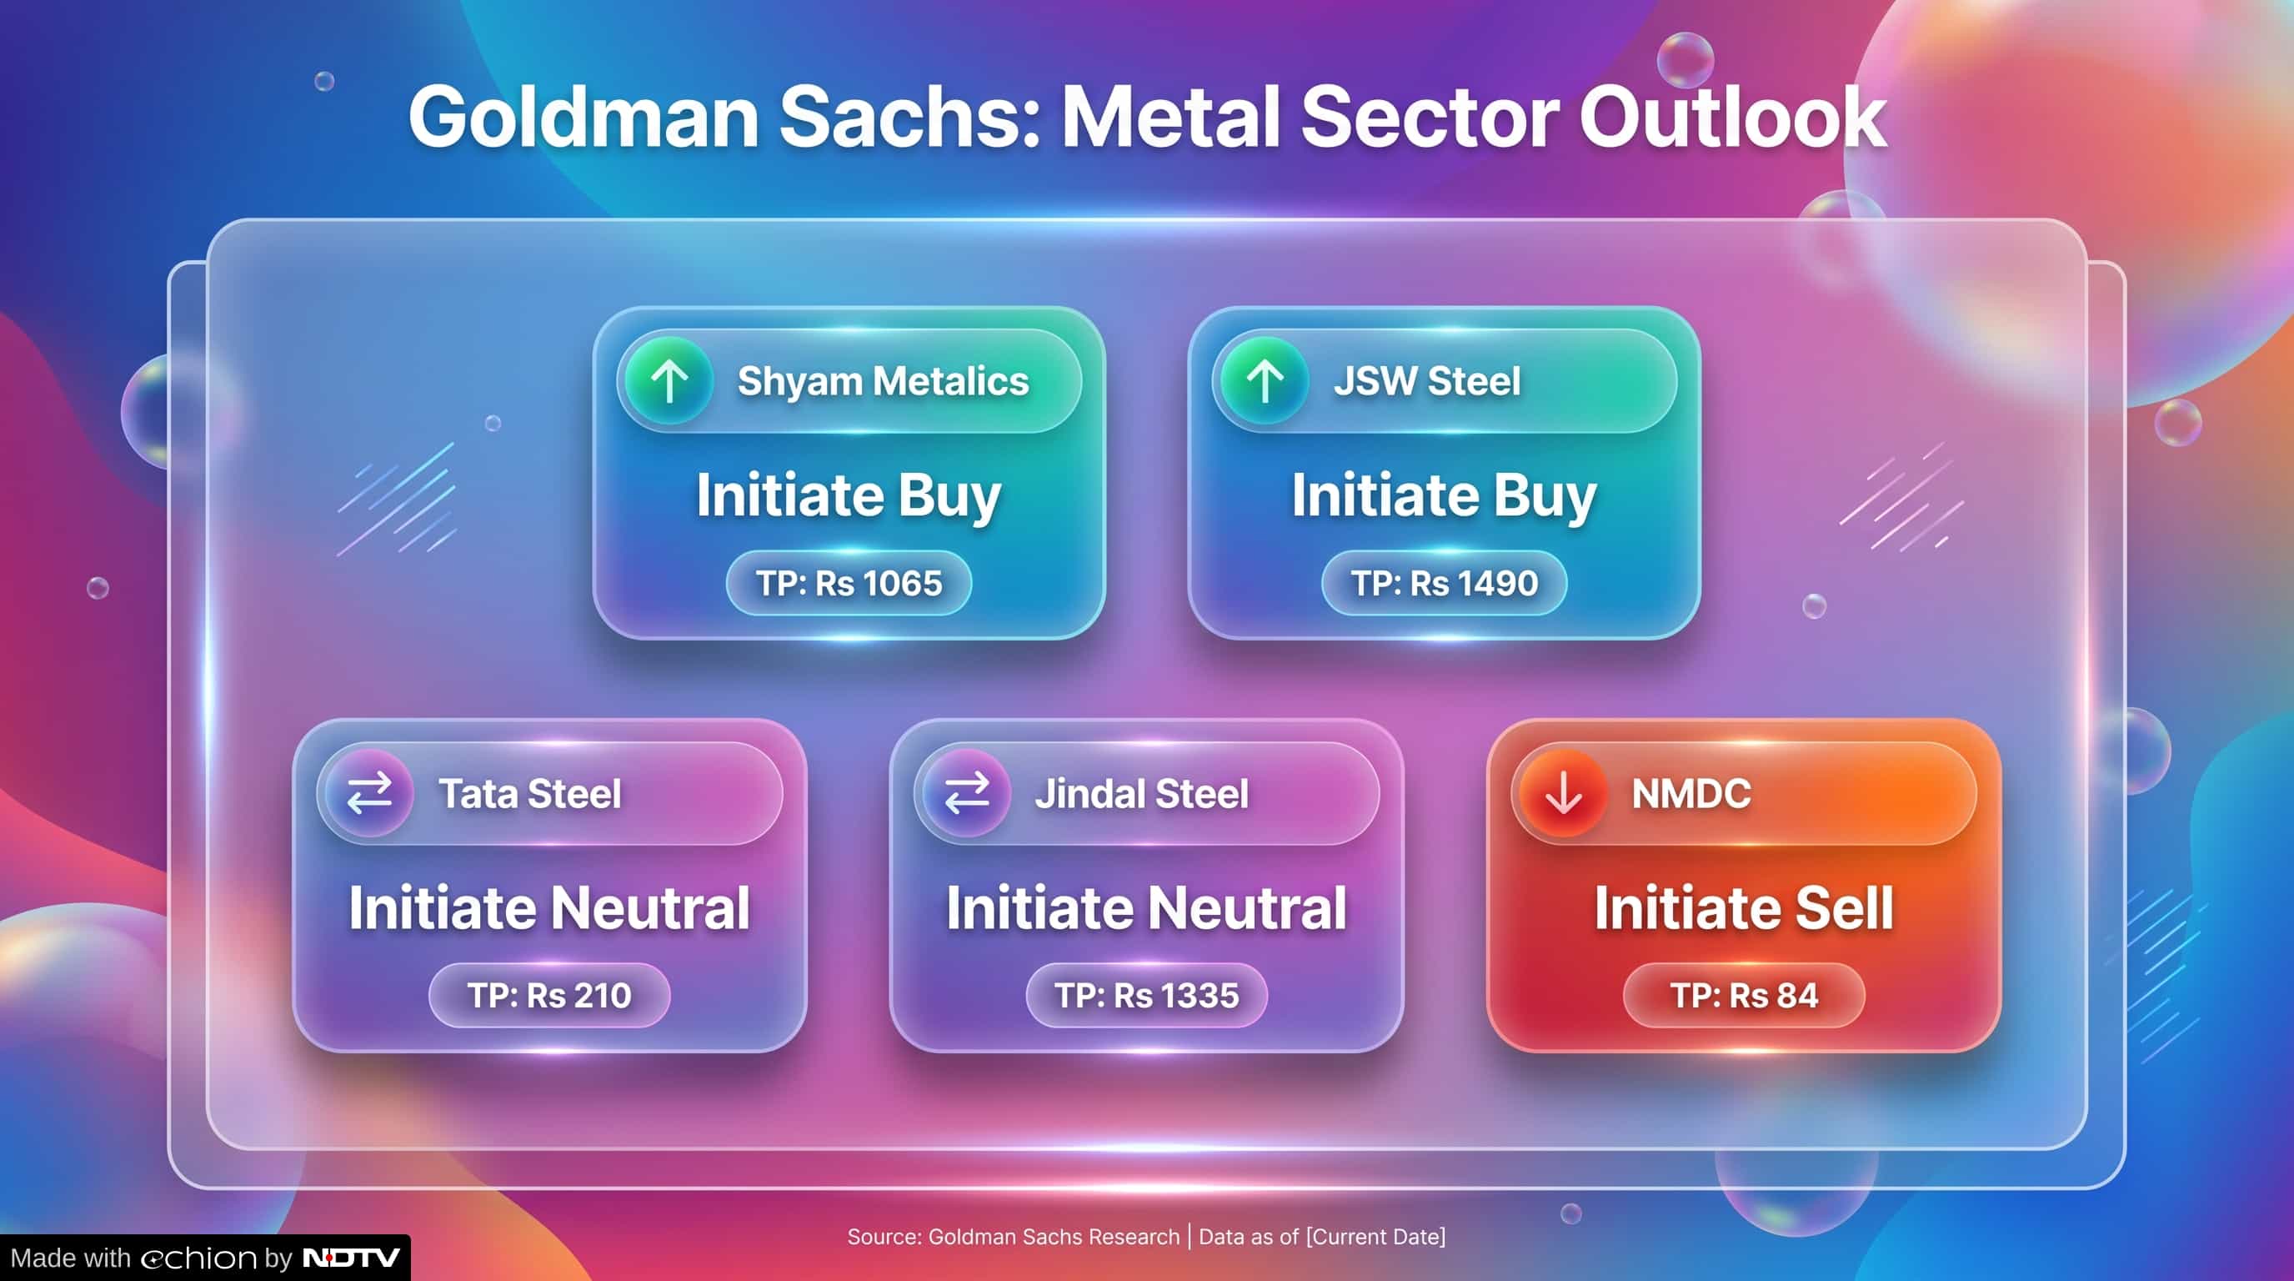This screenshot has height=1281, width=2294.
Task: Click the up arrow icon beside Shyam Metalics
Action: pos(669,381)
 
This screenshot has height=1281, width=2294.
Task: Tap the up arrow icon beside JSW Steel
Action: pos(1265,381)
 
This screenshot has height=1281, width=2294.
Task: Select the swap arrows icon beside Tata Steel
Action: pos(369,793)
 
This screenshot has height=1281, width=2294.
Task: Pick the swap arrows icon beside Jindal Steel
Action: pos(966,793)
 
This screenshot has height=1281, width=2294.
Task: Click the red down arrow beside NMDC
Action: pos(1563,793)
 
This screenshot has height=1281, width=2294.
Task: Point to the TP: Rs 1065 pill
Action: pos(849,583)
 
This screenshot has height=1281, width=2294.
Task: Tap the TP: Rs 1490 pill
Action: pos(1444,583)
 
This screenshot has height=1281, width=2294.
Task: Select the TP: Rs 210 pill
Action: pos(549,995)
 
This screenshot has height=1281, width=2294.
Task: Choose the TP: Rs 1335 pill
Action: pos(1146,995)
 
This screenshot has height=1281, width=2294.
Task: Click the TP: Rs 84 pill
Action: pos(1744,995)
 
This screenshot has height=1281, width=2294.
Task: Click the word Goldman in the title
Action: pos(584,117)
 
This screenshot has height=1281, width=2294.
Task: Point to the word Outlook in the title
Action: pos(1732,117)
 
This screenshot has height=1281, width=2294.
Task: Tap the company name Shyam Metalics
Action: pos(883,381)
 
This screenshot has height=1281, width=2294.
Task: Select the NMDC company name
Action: pos(1691,793)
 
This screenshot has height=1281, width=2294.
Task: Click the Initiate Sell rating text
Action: pos(1744,907)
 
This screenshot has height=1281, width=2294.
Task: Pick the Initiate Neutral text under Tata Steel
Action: pos(549,907)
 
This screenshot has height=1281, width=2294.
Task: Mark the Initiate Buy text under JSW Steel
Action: pos(1444,495)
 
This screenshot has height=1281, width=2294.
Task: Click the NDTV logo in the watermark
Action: pos(351,1258)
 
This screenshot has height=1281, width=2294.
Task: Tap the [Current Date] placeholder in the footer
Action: pos(1376,1237)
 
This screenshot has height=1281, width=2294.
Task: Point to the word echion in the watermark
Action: pos(198,1258)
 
